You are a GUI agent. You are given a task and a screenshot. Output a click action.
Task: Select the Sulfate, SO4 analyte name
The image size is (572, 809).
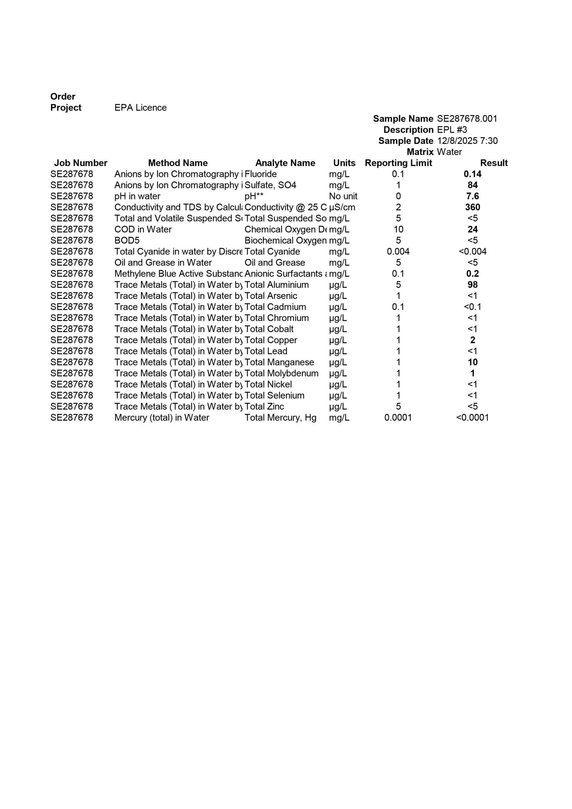pyautogui.click(x=270, y=185)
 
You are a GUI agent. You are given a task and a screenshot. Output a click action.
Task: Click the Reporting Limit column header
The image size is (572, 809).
pyautogui.click(x=398, y=163)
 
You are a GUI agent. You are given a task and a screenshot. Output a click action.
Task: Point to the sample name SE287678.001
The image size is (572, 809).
pyautogui.click(x=467, y=119)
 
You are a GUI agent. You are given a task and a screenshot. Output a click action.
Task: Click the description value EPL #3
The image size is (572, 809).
pyautogui.click(x=452, y=130)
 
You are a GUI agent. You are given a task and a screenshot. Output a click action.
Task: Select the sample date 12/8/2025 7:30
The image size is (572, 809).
pyautogui.click(x=467, y=141)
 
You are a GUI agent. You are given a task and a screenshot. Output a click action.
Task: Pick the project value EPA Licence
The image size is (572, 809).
pyautogui.click(x=140, y=107)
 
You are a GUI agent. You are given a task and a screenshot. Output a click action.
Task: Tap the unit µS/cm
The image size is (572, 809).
pyautogui.click(x=342, y=207)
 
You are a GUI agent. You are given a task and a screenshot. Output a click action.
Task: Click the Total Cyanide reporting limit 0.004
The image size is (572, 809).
pyautogui.click(x=398, y=252)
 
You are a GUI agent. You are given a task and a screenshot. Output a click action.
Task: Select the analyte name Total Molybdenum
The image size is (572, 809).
pyautogui.click(x=281, y=373)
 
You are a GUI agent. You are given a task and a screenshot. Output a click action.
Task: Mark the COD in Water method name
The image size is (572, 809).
pyautogui.click(x=143, y=229)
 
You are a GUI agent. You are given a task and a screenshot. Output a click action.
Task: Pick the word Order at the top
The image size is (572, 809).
pyautogui.click(x=63, y=97)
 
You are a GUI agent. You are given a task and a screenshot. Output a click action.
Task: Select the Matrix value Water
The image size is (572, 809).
pyautogui.click(x=449, y=152)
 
